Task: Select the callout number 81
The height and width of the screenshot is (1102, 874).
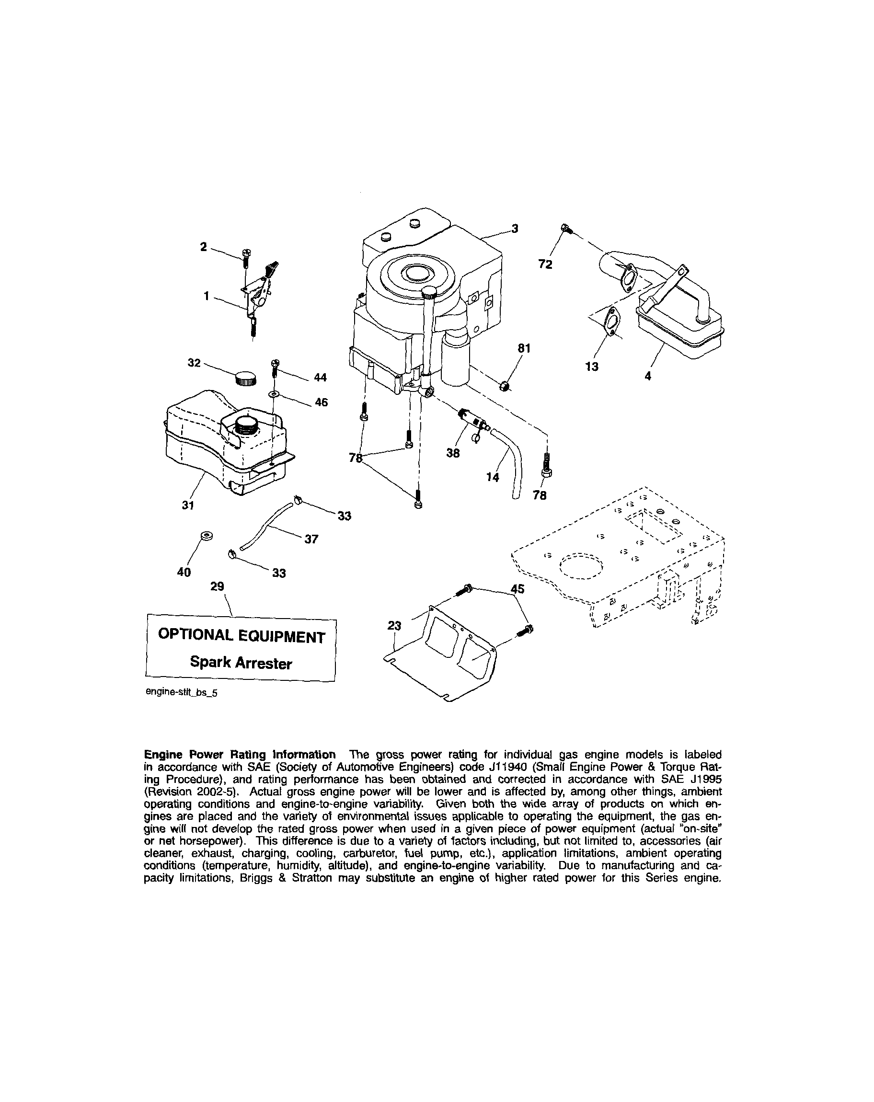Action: [524, 349]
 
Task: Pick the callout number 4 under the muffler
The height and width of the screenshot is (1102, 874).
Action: [647, 376]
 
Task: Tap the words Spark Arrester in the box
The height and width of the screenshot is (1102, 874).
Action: [241, 663]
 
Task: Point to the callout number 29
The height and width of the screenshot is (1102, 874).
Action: [217, 586]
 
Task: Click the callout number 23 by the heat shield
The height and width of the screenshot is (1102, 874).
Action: [394, 626]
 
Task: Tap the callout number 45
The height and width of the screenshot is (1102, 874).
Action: [517, 589]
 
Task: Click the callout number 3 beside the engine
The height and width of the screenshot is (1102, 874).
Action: [515, 229]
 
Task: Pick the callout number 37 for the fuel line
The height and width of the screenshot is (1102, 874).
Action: [311, 539]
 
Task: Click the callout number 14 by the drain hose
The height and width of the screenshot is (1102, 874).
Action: [492, 477]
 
